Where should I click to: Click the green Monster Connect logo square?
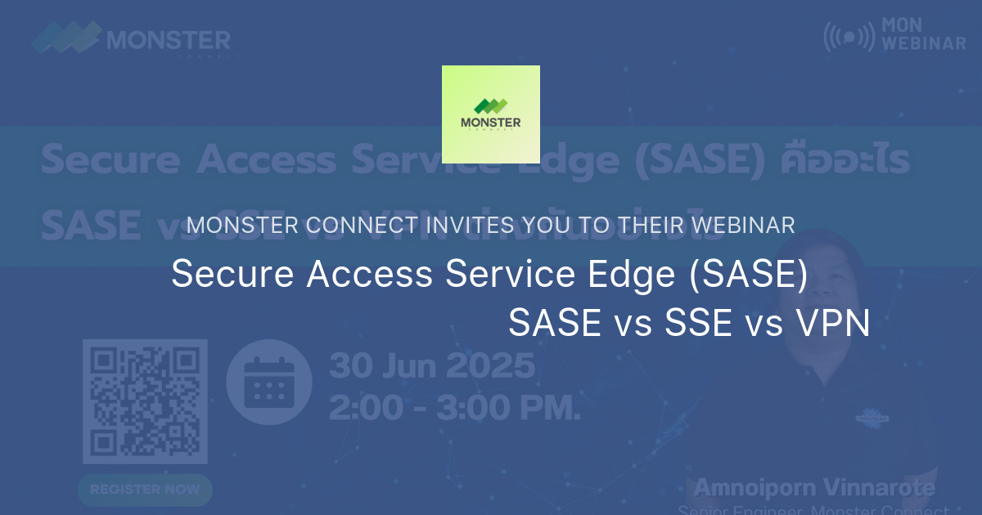click(x=491, y=114)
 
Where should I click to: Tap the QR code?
click(x=145, y=401)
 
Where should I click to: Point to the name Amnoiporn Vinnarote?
click(x=814, y=489)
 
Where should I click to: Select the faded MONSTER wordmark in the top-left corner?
click(x=169, y=38)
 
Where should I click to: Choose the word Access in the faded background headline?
click(x=262, y=161)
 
